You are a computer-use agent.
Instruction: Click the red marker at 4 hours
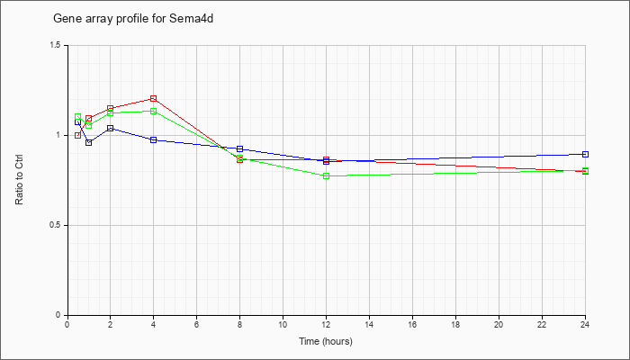153,98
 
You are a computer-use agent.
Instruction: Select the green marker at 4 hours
153,111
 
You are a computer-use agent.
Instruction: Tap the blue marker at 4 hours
153,139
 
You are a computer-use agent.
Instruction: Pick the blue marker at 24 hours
585,154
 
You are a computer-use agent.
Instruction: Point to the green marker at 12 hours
326,176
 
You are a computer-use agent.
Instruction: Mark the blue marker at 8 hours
239,149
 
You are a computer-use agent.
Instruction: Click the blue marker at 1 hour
88,142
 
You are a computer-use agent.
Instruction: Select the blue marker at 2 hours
110,128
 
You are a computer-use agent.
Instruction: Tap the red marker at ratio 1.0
77,135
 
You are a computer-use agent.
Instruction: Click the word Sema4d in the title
191,19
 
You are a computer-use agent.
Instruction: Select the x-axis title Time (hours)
326,341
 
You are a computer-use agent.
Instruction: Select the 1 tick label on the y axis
58,135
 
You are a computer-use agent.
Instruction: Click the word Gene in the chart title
64,19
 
